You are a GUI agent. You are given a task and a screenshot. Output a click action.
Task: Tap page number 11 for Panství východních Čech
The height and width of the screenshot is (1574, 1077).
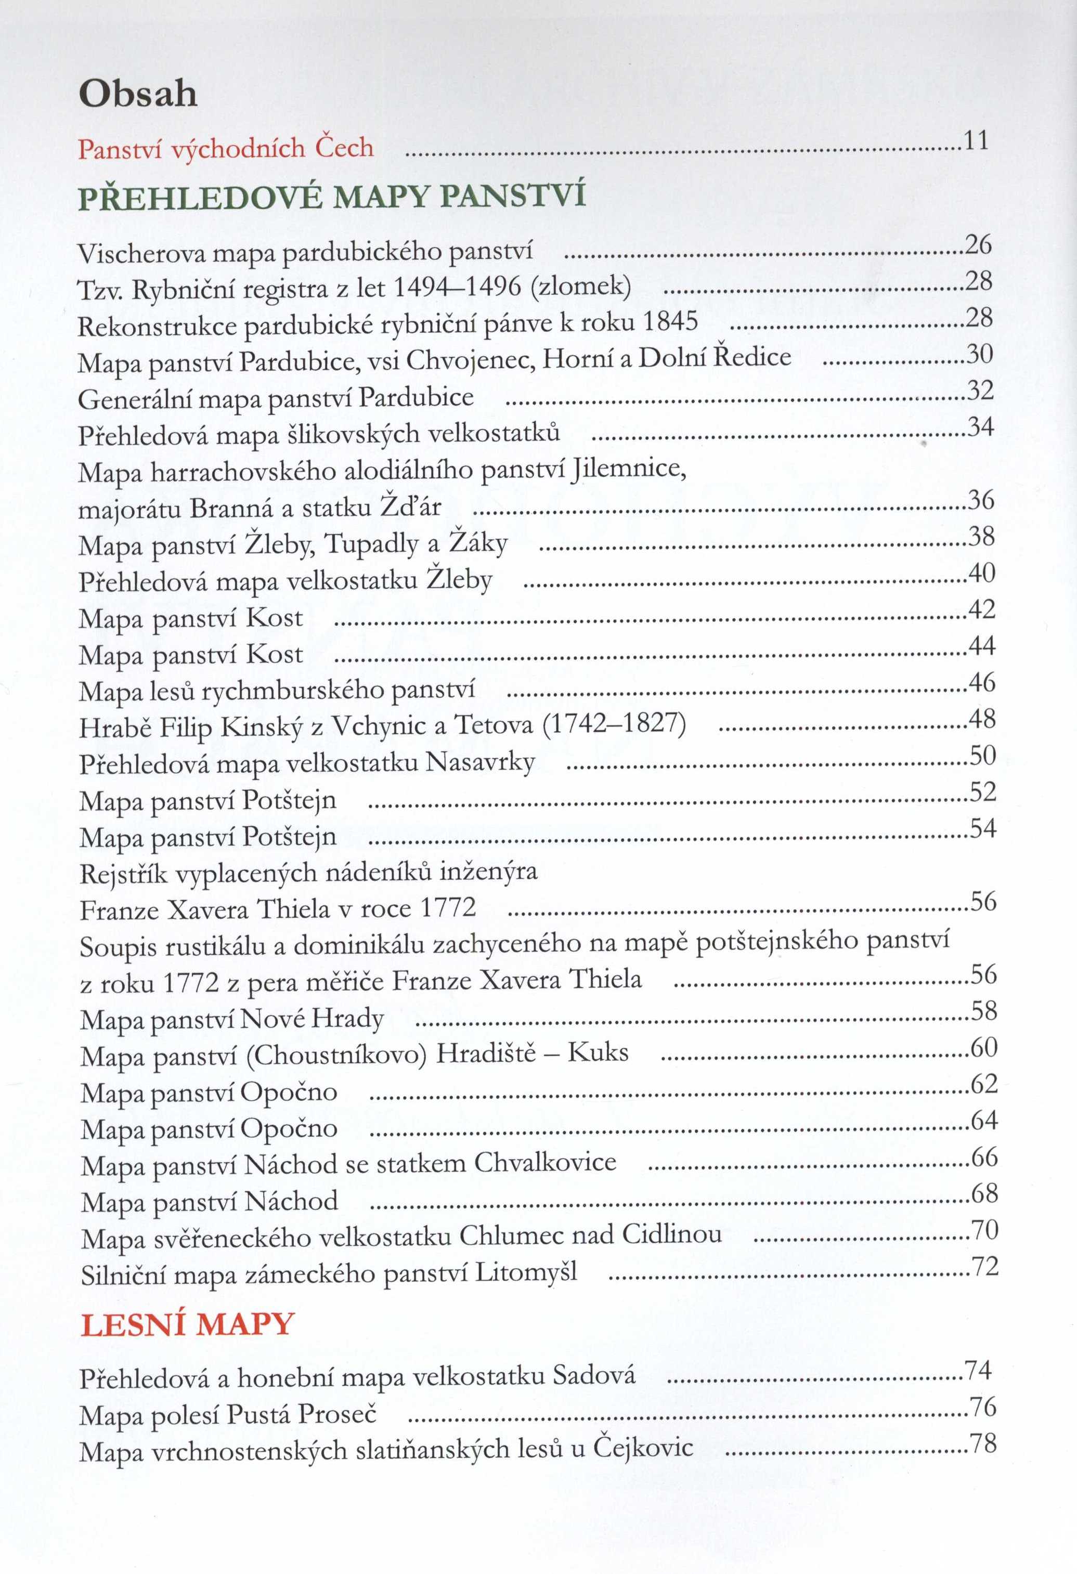(976, 140)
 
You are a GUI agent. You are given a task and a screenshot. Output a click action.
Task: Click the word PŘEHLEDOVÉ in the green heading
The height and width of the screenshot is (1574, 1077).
(201, 198)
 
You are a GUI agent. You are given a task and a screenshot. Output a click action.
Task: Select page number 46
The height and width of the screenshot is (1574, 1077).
(981, 682)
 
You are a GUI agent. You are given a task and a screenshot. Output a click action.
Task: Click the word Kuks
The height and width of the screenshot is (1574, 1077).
(598, 1052)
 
